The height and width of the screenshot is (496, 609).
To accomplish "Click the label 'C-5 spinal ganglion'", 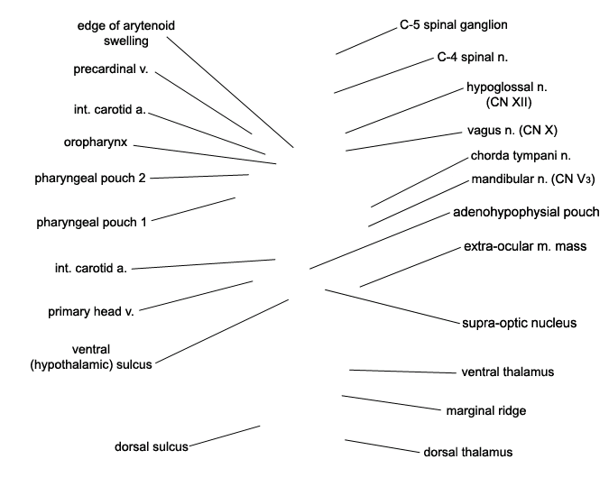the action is point(454,25).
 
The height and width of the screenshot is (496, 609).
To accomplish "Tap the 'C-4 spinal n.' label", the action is point(472,58).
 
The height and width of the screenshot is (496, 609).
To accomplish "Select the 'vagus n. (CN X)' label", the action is point(512,131).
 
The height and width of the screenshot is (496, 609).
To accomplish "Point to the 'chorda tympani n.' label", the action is point(521,156).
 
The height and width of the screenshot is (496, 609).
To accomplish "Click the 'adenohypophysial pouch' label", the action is point(526,212).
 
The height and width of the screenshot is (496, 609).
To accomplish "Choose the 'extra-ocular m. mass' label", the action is point(525,246).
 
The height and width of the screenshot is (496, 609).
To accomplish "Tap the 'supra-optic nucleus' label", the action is point(520,323).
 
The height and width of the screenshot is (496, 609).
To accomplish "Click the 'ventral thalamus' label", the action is point(508,372).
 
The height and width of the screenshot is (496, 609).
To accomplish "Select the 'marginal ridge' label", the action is point(486,410).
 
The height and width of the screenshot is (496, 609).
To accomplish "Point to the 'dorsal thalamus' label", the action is point(467,452).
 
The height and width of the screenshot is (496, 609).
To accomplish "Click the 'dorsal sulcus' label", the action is point(151,446).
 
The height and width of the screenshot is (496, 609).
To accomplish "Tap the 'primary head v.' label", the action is point(91,312).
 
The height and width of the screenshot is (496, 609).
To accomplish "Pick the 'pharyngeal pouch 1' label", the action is point(91,223).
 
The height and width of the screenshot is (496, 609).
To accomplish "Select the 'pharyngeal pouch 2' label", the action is point(90,179).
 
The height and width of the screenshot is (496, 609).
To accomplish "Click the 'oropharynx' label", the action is point(96,142).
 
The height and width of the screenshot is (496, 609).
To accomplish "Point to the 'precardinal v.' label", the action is point(111,69).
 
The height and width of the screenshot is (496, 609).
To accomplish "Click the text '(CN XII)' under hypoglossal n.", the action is point(509,102).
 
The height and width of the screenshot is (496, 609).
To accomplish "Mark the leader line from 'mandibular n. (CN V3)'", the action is point(419,204).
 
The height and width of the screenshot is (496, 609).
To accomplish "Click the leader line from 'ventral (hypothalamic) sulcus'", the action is point(222,332).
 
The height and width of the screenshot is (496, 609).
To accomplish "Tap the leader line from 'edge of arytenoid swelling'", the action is point(230,92).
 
